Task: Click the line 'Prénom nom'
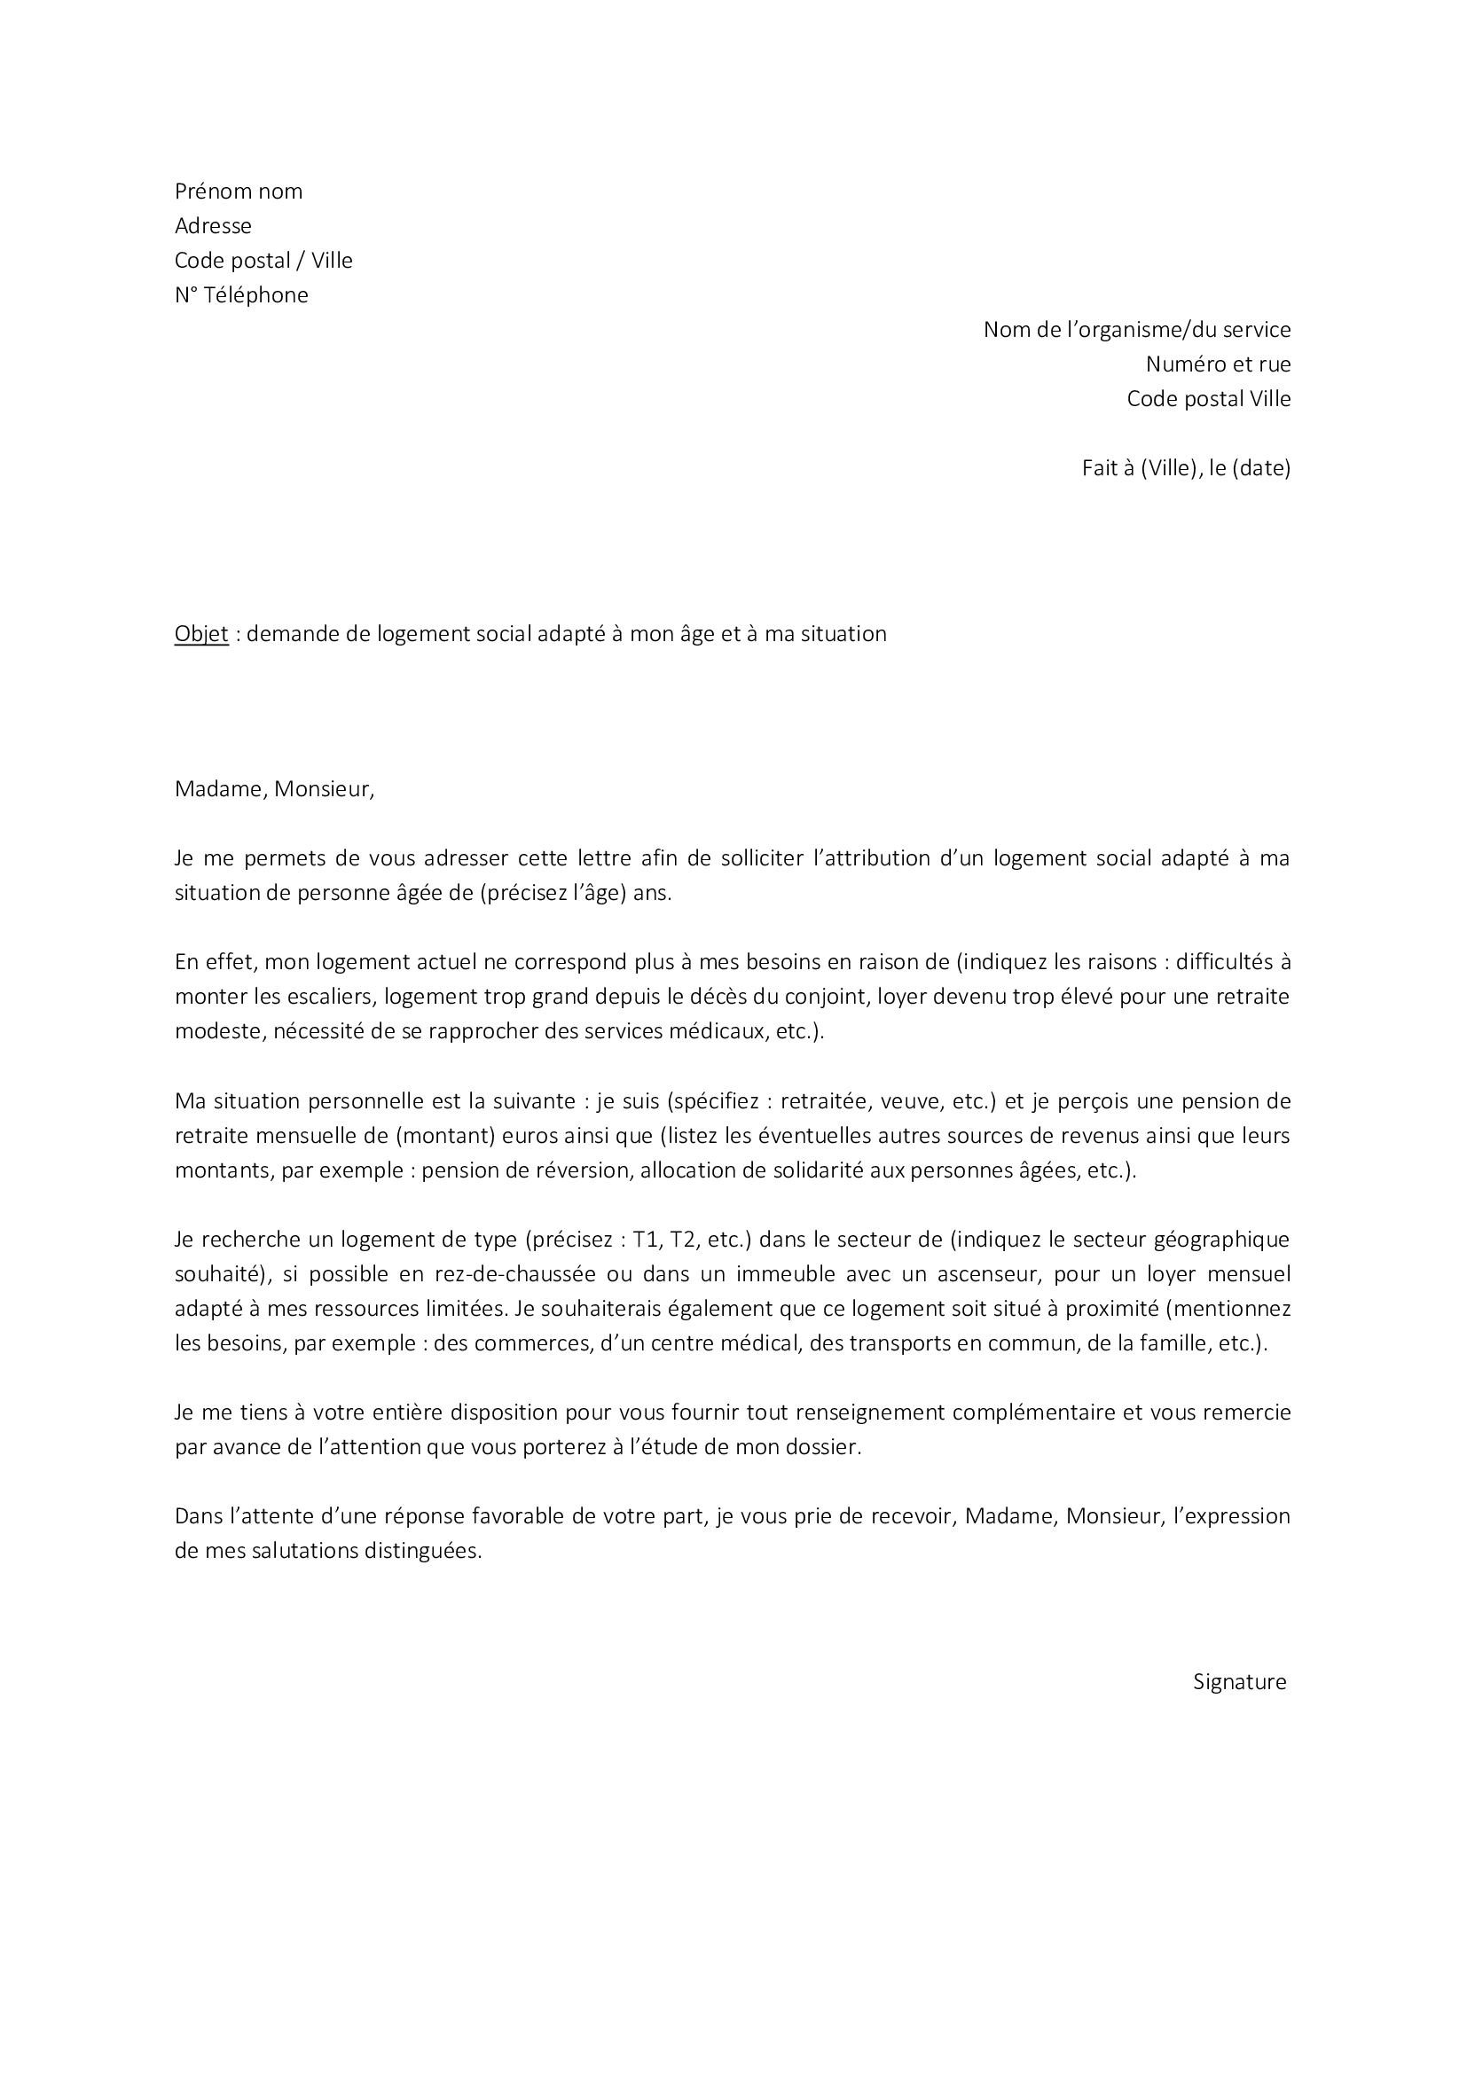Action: tap(239, 192)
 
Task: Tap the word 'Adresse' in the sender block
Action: tap(213, 226)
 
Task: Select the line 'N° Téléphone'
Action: tap(241, 295)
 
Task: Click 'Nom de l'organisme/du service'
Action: tap(1136, 330)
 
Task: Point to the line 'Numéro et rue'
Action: tap(1218, 364)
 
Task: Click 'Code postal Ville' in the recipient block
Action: tap(1208, 398)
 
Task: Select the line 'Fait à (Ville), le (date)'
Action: tap(1185, 469)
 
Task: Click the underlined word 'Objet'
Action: tap(201, 634)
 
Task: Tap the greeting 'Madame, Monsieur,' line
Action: tap(274, 789)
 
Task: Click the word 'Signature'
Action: tap(1239, 1682)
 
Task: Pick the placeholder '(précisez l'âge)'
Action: tap(553, 894)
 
